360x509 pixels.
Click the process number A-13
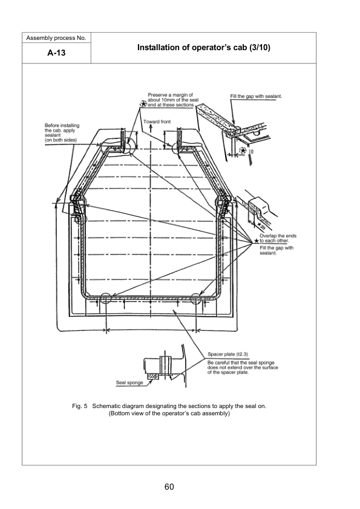[x=56, y=53]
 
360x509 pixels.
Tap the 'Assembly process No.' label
[x=56, y=38]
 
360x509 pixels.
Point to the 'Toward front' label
[x=157, y=122]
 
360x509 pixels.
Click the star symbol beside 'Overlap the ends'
[x=255, y=242]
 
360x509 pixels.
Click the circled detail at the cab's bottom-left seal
[x=106, y=299]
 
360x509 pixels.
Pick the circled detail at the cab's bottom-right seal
[x=197, y=299]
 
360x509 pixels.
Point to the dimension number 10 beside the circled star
[x=251, y=151]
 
